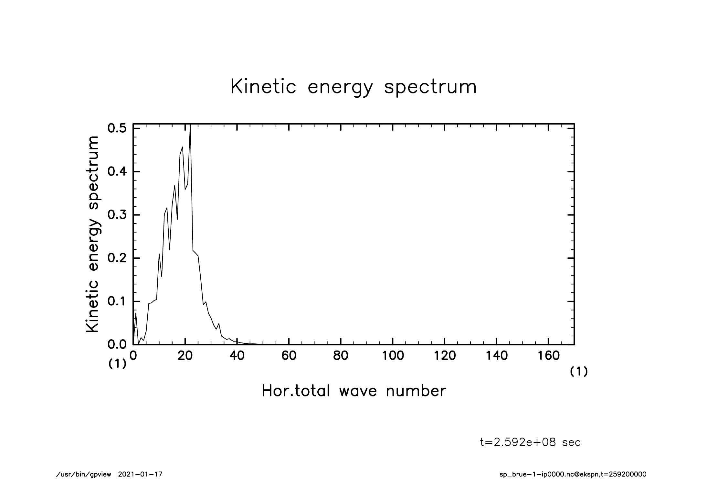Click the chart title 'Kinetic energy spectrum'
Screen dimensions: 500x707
[353, 87]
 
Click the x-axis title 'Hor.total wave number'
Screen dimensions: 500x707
[353, 391]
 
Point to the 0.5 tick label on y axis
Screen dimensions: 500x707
[117, 128]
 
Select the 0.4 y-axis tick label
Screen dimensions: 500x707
[117, 172]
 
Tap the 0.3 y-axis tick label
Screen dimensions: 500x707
[117, 215]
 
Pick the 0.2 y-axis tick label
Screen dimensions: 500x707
[117, 258]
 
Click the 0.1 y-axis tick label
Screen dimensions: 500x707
[117, 302]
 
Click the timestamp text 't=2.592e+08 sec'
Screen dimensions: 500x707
[530, 442]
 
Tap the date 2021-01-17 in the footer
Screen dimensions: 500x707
[140, 474]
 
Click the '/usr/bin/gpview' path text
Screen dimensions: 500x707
[83, 474]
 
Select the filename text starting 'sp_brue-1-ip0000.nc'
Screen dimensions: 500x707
[573, 474]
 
